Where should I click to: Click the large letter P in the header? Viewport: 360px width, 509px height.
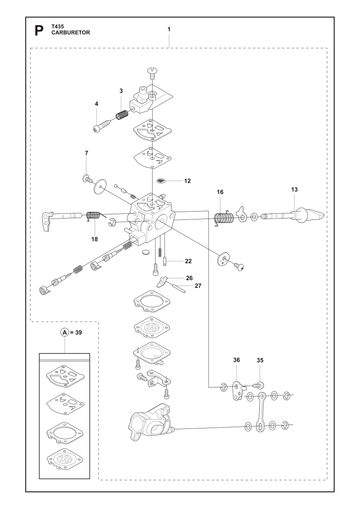coord(39,31)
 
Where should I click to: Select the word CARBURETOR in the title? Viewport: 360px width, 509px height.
coord(71,33)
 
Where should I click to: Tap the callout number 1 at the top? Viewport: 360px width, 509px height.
coord(169,29)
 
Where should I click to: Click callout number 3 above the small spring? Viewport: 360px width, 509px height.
coord(121,91)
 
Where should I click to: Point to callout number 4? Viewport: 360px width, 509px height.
coord(97,104)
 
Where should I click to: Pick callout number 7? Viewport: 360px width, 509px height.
coord(87,153)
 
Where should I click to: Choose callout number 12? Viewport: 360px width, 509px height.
coord(187,181)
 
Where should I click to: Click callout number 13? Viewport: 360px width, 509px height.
coord(294,190)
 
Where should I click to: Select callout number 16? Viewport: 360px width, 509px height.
coord(220,192)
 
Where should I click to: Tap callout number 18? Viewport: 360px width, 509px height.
coord(95,239)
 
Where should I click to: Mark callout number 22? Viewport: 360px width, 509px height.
coord(188,261)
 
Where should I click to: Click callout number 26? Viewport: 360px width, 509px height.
coord(189,278)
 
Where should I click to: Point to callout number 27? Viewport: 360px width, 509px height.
coord(198,286)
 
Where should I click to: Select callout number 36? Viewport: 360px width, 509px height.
coord(236,360)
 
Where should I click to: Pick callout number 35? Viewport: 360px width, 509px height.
coord(260,360)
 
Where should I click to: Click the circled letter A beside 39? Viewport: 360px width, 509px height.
coord(64,332)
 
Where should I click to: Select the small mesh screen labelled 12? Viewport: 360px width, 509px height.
coord(161,181)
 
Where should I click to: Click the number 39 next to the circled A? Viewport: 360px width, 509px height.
coord(78,332)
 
